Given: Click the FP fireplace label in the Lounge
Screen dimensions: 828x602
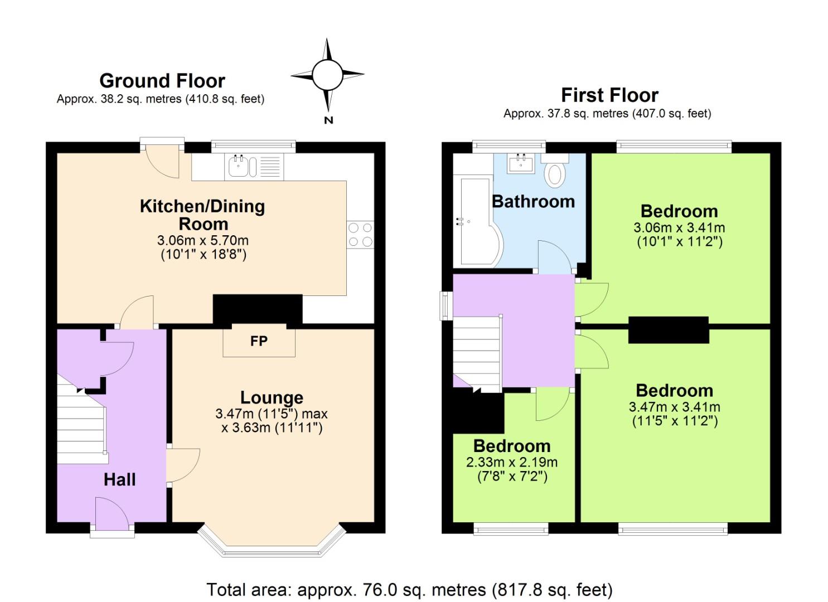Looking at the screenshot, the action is point(259,341).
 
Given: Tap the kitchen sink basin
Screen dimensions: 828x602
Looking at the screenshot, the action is point(238,167).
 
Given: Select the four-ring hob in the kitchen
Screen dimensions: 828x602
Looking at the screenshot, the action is point(360,235).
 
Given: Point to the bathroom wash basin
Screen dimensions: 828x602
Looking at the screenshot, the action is point(521,163).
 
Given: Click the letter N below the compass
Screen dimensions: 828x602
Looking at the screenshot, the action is point(328,120).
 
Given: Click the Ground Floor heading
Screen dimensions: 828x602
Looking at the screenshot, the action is point(162,81).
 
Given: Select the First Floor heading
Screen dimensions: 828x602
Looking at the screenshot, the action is point(609,95).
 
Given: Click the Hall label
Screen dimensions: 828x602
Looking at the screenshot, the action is point(119,480).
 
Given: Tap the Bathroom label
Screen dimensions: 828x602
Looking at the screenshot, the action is point(533,201).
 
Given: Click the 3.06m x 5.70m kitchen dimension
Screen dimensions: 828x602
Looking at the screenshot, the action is point(203,241).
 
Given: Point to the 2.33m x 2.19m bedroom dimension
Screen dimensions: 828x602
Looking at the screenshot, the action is point(512,462).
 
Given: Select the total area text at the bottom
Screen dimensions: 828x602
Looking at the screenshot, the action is point(410,589).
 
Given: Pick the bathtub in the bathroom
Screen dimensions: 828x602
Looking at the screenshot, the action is point(477,222).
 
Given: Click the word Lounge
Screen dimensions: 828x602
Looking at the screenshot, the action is point(272,397).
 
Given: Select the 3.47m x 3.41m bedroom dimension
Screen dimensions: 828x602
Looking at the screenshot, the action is point(675,407).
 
